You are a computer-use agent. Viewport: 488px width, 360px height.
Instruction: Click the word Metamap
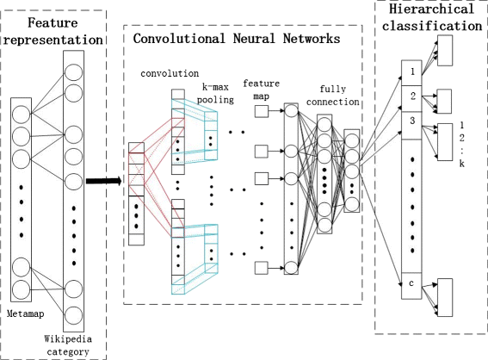tap(26, 313)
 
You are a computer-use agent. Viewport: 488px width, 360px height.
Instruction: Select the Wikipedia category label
tap(68, 345)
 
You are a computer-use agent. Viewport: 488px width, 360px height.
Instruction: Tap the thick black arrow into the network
tap(103, 181)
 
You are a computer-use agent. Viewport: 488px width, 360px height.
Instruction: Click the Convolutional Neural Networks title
tap(237, 39)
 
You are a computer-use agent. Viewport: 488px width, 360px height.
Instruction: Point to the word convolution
tap(170, 73)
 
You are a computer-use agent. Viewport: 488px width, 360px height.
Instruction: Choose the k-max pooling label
tap(215, 93)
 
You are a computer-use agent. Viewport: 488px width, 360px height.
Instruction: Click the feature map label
tap(261, 90)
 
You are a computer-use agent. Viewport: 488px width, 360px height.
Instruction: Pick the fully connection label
tap(333, 96)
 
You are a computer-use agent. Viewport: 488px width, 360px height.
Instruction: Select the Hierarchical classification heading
tap(432, 17)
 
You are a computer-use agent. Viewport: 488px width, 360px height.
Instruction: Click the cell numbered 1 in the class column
tap(411, 73)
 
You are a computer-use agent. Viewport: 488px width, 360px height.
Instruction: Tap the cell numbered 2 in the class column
tap(411, 99)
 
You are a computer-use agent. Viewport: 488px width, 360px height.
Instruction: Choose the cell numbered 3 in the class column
tap(411, 126)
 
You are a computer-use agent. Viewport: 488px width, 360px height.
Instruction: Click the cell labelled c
tap(411, 286)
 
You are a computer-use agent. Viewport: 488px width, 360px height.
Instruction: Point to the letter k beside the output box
tap(462, 164)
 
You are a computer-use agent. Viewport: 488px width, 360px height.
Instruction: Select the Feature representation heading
tap(53, 31)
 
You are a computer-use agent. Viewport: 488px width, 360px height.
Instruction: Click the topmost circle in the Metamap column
tap(22, 115)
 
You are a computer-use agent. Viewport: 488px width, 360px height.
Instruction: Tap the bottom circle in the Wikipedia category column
tap(73, 315)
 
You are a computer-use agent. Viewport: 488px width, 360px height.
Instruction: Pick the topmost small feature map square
tap(262, 111)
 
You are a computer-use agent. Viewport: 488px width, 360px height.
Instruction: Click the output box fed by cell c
tap(445, 297)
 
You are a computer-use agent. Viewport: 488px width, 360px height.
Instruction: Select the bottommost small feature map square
tap(262, 268)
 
